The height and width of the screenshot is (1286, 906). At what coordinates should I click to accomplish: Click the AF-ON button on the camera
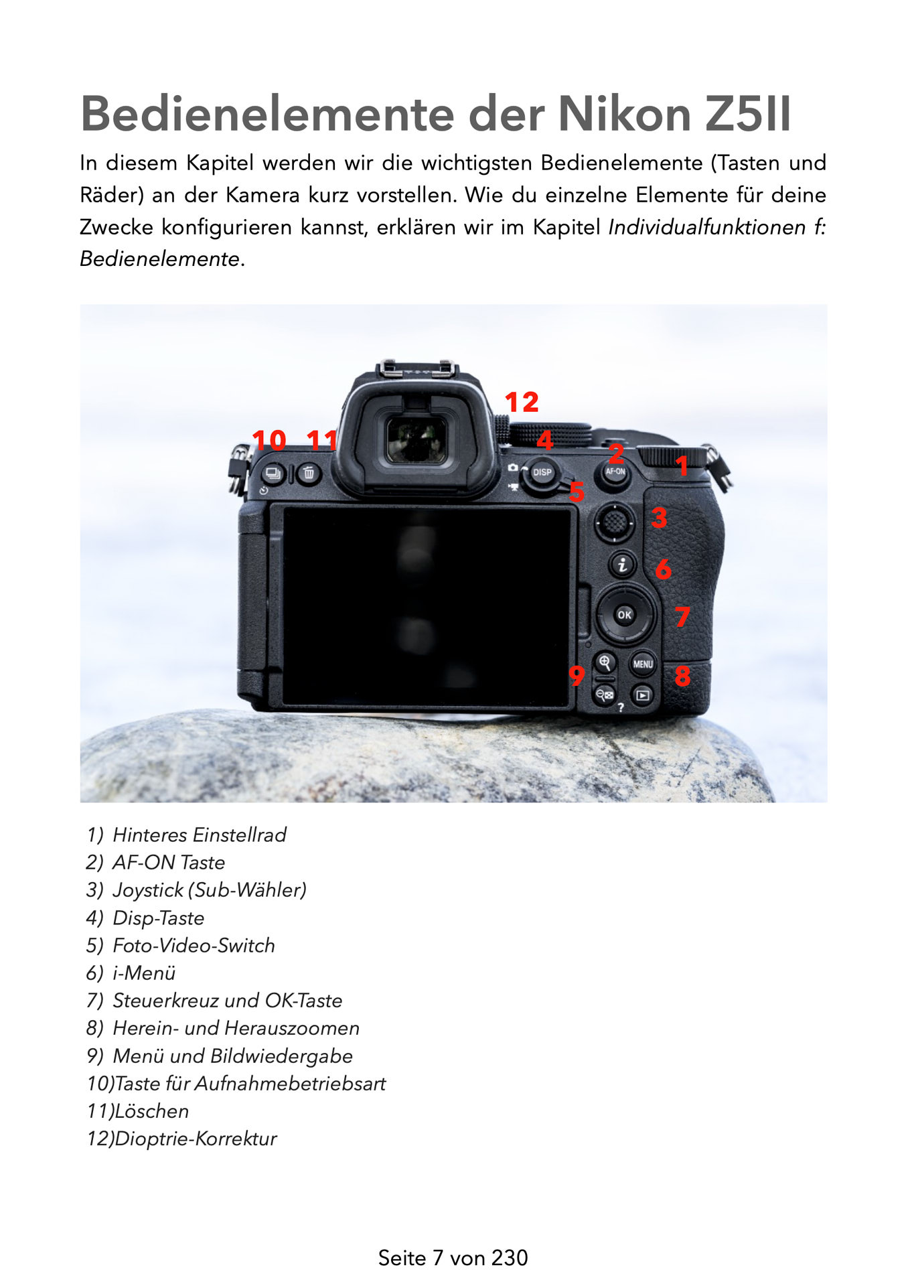coord(615,472)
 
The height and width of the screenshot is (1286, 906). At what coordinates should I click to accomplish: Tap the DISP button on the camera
coord(542,472)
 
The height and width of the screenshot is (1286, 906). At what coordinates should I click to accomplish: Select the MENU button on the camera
coord(643,664)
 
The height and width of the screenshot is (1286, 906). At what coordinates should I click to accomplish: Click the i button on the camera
coord(623,565)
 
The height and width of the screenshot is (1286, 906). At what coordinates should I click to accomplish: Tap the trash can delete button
coord(309,474)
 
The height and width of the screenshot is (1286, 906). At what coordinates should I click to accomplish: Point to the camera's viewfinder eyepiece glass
coord(417,439)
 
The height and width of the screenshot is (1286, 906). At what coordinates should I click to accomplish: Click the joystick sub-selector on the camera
coord(614,522)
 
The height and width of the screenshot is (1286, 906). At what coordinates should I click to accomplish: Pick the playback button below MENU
coord(642,695)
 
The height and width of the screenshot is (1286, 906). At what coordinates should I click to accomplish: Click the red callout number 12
coord(522,402)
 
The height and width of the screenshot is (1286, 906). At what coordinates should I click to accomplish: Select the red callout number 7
coord(682,616)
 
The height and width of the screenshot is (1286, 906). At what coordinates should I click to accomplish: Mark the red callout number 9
coord(576,675)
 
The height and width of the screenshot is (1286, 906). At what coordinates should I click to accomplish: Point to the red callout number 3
coord(659,518)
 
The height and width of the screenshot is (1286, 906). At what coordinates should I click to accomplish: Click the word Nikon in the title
coord(624,114)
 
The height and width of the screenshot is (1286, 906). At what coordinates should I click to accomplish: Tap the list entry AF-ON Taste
coord(169,862)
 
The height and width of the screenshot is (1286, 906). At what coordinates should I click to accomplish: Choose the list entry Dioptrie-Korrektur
coord(196,1138)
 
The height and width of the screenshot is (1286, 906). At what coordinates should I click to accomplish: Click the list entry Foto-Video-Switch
coord(194,945)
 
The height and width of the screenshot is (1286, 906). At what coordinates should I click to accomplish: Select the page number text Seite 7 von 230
coord(453,1258)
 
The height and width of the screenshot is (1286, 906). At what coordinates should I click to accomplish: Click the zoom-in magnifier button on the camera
coord(605,663)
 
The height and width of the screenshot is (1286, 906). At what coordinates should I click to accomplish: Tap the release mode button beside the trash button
coord(273,474)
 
